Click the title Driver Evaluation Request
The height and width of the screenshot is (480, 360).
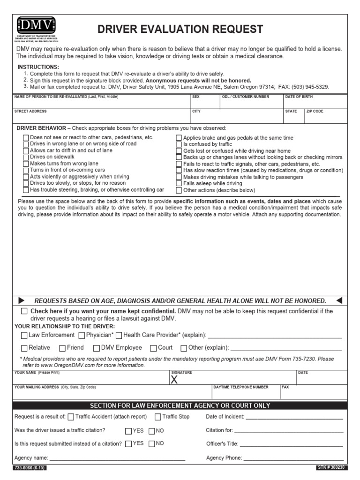tap(180, 30)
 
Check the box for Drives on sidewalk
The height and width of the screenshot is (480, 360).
tap(26, 157)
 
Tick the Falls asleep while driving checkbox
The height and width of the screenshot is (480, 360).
tap(179, 184)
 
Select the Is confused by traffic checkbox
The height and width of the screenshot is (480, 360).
tap(179, 145)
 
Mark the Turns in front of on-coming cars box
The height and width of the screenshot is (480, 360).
tap(26, 171)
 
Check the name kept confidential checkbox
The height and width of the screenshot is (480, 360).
tap(24, 311)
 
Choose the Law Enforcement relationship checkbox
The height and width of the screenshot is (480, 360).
tap(24, 335)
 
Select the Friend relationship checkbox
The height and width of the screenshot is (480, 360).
tap(62, 348)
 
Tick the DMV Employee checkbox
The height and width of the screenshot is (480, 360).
tap(97, 348)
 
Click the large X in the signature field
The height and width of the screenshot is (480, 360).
tap(174, 380)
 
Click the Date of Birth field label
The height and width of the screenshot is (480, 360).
tap(299, 97)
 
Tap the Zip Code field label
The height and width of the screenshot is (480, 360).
tap(315, 112)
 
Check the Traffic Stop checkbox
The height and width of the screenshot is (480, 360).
tap(158, 417)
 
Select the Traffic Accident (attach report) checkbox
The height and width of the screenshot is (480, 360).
tap(71, 417)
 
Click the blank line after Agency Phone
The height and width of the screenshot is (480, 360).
tap(293, 458)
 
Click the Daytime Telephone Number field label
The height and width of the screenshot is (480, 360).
tap(240, 387)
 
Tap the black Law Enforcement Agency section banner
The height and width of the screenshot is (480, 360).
tap(180, 405)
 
